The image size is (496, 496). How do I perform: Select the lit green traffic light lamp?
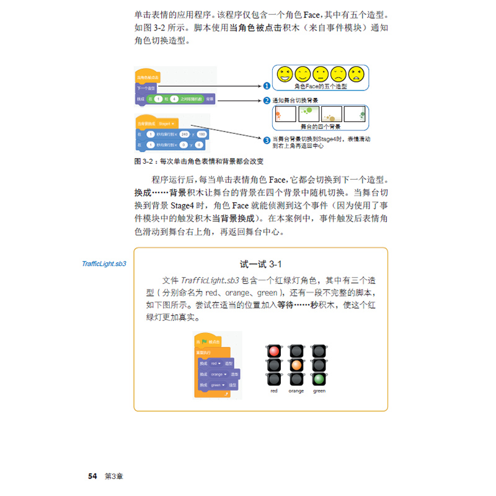319,378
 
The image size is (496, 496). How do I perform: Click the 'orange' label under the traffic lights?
296,391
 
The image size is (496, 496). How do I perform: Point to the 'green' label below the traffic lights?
319,391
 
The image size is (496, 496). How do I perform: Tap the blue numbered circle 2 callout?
267,99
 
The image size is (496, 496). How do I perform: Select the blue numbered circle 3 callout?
267,140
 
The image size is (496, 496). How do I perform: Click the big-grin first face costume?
285,74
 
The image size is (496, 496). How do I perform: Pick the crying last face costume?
356,74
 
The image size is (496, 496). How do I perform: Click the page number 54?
92,476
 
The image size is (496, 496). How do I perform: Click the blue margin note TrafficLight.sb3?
104,263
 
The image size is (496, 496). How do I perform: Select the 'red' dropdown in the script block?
215,363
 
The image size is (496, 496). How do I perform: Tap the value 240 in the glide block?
184,134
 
